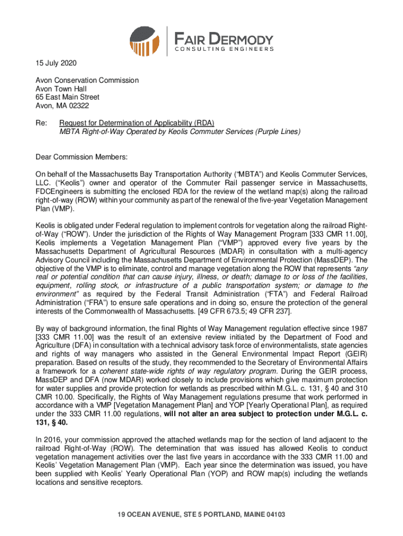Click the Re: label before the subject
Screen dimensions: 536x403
(x=41, y=123)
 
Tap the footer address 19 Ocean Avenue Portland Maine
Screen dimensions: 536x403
(x=201, y=514)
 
